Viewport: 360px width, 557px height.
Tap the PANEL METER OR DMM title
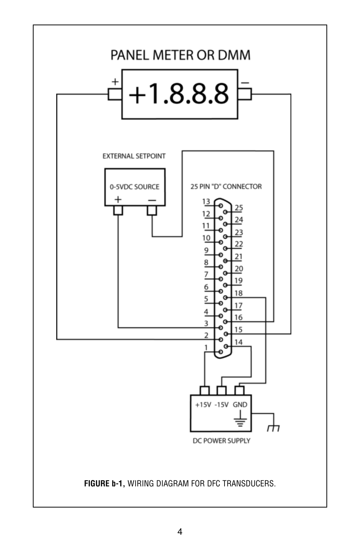pos(180,55)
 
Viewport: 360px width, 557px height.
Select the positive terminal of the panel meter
pos(115,94)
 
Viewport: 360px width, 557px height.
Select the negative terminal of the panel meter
pos(245,94)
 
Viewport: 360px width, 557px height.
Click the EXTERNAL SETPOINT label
pos(134,156)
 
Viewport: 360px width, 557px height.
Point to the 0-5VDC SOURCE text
pos(134,187)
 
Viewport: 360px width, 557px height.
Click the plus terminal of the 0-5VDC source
pos(118,210)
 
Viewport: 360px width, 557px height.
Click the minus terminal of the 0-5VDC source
pos(152,210)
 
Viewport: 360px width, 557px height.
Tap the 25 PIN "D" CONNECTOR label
pos(226,187)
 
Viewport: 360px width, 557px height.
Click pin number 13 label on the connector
pos(206,201)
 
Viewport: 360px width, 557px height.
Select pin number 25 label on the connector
pos(239,208)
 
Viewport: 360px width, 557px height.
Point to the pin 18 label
pos(238,293)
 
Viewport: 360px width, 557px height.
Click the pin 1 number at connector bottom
pos(206,347)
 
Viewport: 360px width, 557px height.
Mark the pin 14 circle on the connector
pos(226,346)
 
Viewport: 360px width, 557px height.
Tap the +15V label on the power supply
pos(203,405)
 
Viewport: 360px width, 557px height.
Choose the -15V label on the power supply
pos(222,405)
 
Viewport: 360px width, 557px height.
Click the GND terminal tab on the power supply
pos(240,390)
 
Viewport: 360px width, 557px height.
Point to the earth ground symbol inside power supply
pos(240,418)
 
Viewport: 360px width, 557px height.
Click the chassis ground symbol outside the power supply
pos(273,428)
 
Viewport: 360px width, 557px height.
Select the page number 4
pos(180,532)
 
